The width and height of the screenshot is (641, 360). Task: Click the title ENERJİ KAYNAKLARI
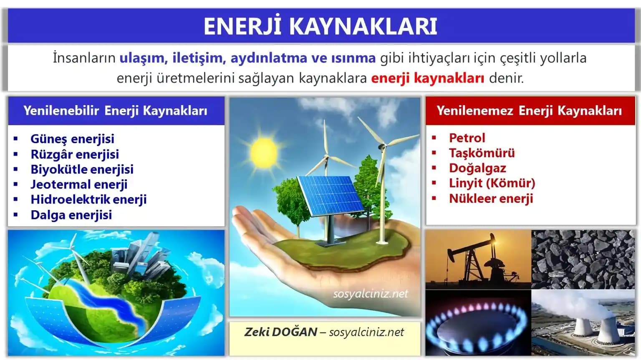pyautogui.click(x=320, y=26)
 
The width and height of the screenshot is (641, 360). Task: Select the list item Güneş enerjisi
pyautogui.click(x=72, y=138)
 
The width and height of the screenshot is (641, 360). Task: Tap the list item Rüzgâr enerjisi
pyautogui.click(x=75, y=154)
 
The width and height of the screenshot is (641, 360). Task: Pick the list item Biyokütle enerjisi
pyautogui.click(x=82, y=169)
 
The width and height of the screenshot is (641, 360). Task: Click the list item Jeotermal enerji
pyautogui.click(x=79, y=184)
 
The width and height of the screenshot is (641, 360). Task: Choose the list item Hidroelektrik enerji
pyautogui.click(x=88, y=199)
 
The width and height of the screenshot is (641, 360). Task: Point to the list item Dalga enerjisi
pyautogui.click(x=71, y=215)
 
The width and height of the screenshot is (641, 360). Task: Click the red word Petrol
pyautogui.click(x=467, y=138)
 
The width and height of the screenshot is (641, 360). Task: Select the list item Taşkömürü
pyautogui.click(x=482, y=153)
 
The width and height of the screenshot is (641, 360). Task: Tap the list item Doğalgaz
pyautogui.click(x=477, y=168)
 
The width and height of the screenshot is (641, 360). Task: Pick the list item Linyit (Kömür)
pyautogui.click(x=492, y=183)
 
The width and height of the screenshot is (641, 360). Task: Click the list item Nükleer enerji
pyautogui.click(x=491, y=199)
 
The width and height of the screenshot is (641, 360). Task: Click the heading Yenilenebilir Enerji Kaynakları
pyautogui.click(x=116, y=111)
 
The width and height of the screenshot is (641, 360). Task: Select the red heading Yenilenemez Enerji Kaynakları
pyautogui.click(x=529, y=111)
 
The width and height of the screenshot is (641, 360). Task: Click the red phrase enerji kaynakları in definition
pyautogui.click(x=427, y=78)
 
